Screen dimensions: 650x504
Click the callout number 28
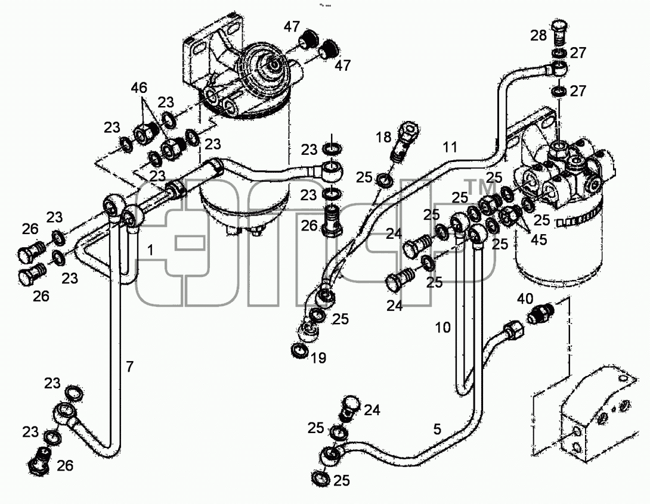coord(539,36)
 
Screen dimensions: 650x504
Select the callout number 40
coord(525,299)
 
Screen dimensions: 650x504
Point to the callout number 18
coord(384,136)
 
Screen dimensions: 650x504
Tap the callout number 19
coord(318,357)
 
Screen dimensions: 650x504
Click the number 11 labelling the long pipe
coord(450,147)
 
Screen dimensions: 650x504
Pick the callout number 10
coord(442,328)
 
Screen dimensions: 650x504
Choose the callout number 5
coord(437,430)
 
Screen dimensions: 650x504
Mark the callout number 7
coord(130,366)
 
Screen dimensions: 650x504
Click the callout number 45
coord(538,239)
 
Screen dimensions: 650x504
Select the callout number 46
coord(140,88)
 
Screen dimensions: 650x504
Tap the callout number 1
coord(150,250)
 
